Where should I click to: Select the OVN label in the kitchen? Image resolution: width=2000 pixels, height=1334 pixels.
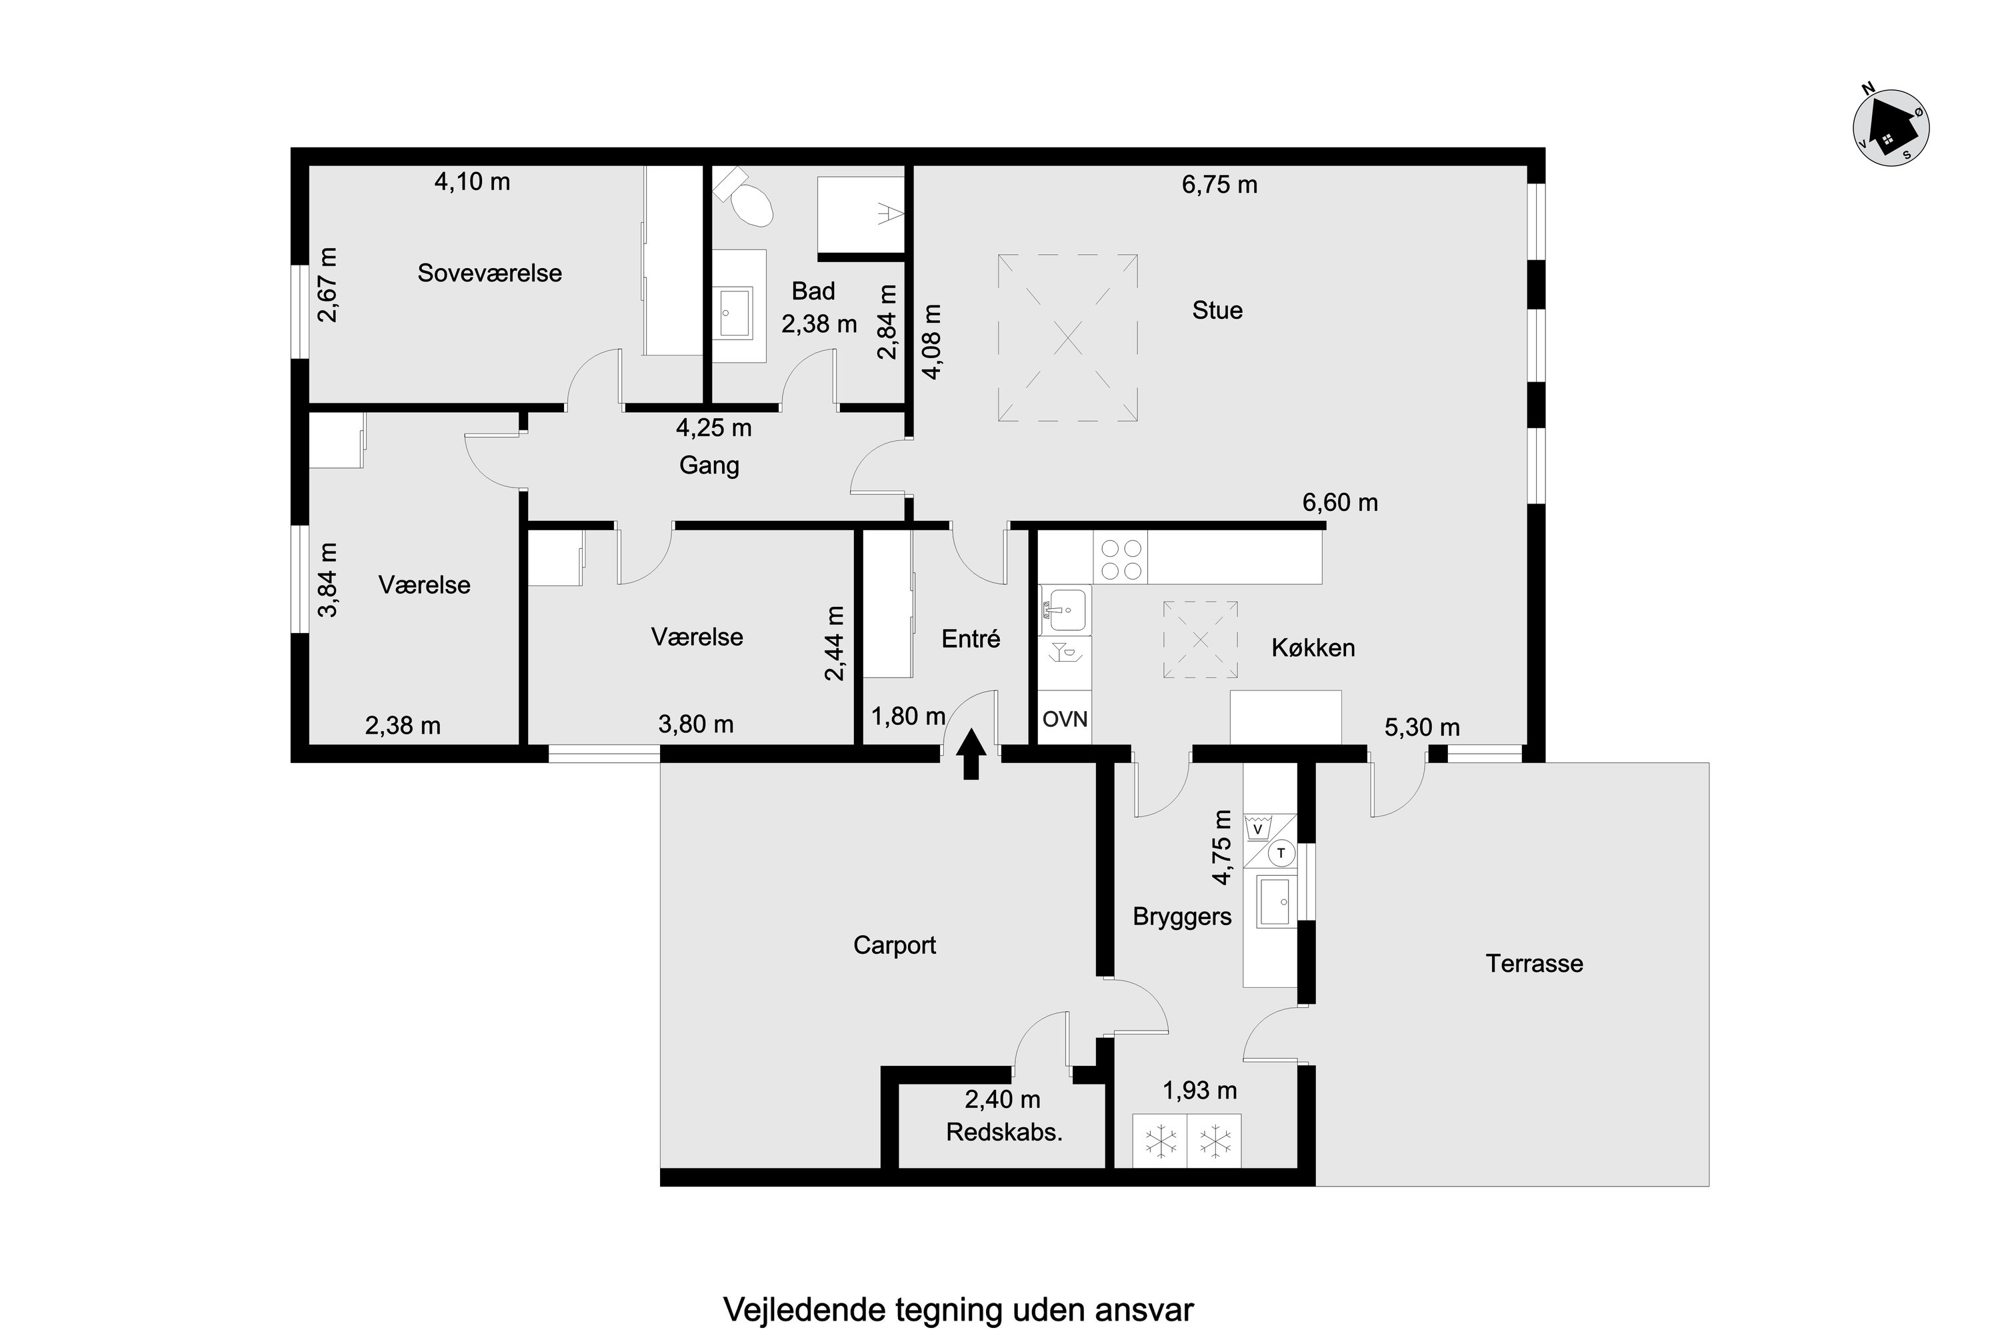coord(1065,719)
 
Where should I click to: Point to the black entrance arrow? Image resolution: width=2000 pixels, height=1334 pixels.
coord(971,754)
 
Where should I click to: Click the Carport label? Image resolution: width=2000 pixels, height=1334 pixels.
coord(895,945)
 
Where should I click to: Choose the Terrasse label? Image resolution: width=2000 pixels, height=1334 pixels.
coord(1534,964)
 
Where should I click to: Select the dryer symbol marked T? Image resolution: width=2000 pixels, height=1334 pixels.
coord(1281,853)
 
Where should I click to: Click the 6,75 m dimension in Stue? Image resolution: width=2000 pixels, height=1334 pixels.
coord(1219,185)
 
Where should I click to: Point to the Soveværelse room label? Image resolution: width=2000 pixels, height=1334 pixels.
coord(490,273)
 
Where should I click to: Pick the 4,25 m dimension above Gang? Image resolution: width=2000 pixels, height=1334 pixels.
coord(714,428)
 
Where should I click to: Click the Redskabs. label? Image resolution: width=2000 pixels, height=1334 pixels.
coord(1004,1133)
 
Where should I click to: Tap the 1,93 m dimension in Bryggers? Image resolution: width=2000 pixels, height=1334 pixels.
coord(1200,1090)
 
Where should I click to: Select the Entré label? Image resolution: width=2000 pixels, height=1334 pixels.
coord(971,639)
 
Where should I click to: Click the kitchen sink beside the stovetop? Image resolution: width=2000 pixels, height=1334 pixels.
coord(1065,609)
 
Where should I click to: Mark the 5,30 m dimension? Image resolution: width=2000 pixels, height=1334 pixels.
coord(1423,728)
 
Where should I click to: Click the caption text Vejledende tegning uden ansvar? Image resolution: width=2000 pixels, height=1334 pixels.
coord(959,1310)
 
